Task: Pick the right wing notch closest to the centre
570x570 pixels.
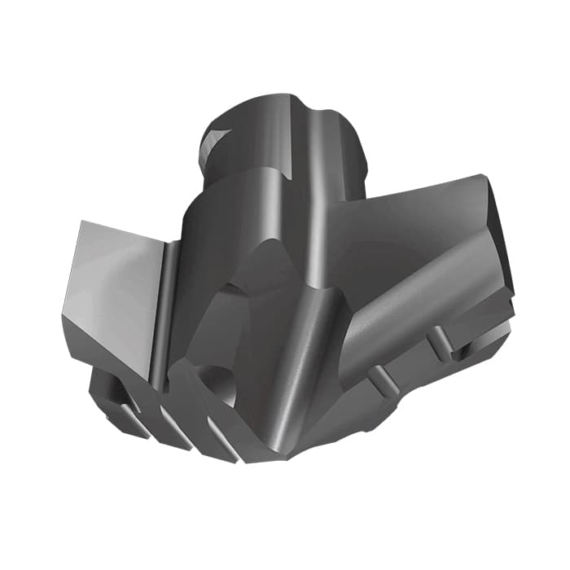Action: [x=379, y=376]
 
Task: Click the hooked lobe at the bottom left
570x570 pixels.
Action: [x=110, y=391]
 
